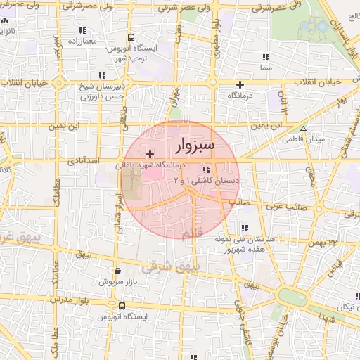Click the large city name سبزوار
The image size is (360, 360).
(x=193, y=146)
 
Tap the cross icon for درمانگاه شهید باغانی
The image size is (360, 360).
(x=149, y=153)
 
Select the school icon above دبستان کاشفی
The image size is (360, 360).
(x=205, y=169)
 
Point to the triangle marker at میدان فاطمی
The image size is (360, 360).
(x=303, y=129)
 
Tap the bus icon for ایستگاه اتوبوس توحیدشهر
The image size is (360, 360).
(x=131, y=37)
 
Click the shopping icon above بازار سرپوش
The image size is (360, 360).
(x=117, y=270)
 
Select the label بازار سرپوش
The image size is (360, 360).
(x=117, y=281)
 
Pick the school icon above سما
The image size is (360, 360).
(x=265, y=58)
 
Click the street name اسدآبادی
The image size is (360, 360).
(x=84, y=161)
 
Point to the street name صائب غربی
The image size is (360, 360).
(x=283, y=207)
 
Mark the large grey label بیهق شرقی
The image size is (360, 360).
(x=171, y=267)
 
